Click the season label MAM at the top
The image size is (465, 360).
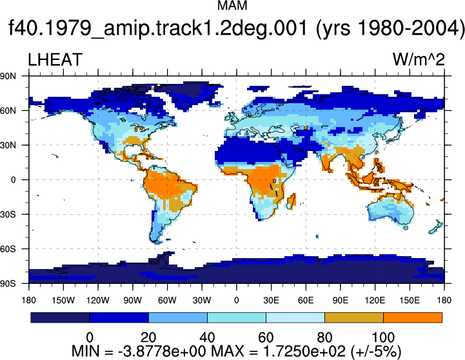232,5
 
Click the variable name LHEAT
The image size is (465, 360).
55,59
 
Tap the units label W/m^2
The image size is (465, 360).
419,59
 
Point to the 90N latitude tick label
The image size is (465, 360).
8,76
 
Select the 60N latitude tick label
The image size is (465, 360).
8,111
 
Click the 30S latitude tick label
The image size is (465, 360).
8,214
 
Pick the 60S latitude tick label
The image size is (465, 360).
8,249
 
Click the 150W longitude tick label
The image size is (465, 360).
63,300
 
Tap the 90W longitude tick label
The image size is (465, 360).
133,300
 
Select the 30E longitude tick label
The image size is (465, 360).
271,300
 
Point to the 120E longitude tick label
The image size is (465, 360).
375,300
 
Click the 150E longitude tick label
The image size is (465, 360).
410,300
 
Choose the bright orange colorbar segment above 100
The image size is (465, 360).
413,317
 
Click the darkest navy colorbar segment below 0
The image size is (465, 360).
60,317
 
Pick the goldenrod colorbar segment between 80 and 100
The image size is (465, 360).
354,317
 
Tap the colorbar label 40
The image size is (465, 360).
207,337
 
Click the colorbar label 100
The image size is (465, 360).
383,337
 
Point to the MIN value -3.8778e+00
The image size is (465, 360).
162,352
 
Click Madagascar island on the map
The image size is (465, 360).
292,201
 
